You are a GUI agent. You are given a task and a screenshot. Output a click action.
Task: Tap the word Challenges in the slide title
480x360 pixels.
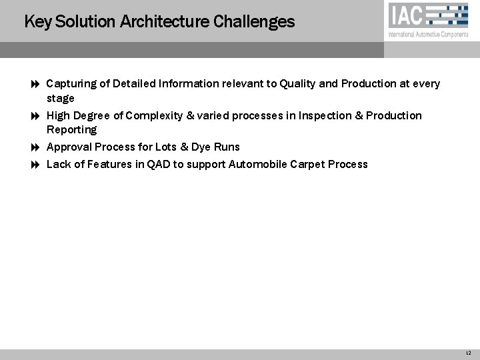[254, 21]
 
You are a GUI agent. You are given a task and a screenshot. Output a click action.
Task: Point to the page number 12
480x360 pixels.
[469, 353]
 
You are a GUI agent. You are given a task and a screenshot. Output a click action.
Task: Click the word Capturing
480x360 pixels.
[72, 84]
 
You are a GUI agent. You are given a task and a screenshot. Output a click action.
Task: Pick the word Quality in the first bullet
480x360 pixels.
[297, 84]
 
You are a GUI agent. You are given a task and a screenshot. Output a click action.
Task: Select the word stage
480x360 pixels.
[61, 99]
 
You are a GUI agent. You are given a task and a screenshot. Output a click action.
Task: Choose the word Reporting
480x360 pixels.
[71, 130]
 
